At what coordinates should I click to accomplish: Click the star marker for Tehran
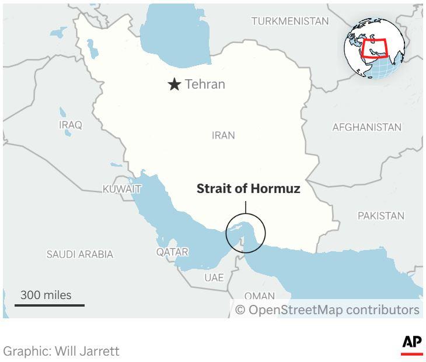174,85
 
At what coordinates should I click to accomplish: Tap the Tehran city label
205,85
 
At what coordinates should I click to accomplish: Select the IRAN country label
224,135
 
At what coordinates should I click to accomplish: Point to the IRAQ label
71,125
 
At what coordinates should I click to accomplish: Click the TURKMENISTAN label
290,22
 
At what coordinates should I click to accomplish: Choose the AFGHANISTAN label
366,127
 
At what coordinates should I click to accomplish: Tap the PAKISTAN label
380,216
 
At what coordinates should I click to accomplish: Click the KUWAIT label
121,189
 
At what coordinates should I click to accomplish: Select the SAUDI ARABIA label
80,254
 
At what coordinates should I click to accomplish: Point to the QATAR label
172,252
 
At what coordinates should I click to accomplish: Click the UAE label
214,277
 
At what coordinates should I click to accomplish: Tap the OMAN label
259,296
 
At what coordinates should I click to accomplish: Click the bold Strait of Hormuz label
248,189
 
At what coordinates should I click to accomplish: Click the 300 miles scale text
46,295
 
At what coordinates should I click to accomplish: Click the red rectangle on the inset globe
375,48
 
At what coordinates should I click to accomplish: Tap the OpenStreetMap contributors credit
327,310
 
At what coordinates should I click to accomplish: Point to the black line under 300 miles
50,305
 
